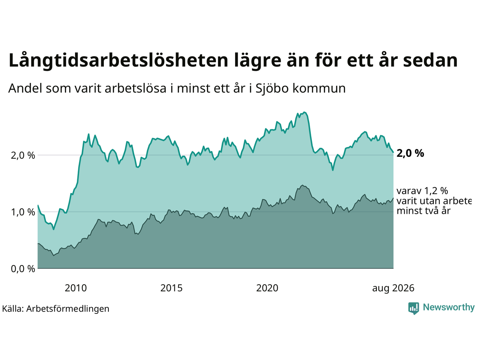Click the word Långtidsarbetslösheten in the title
[x=118, y=61]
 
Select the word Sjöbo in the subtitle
[x=272, y=88]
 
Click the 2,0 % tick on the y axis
[x=23, y=155]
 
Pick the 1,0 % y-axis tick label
[x=23, y=212]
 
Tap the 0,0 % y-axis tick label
[x=23, y=268]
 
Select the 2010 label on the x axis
[x=76, y=288]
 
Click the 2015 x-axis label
[x=171, y=288]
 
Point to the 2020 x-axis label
[x=267, y=288]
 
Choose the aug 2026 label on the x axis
[x=393, y=288]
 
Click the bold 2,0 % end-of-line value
[x=410, y=153]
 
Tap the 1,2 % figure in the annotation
[x=436, y=191]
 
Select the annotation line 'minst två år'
[x=424, y=211]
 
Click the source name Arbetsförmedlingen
[x=67, y=309]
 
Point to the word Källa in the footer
[x=12, y=309]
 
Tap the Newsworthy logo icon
[x=414, y=308]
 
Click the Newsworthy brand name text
[x=449, y=307]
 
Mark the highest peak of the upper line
[x=305, y=112]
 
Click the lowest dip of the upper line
[x=54, y=229]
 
